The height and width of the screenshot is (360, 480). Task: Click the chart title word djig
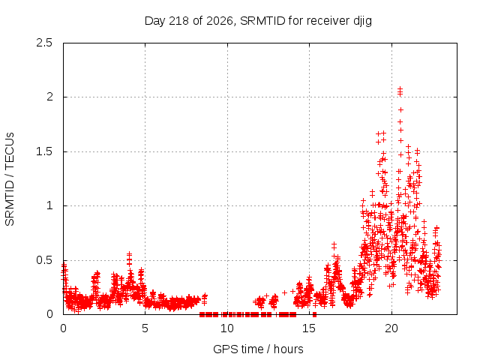click(362, 22)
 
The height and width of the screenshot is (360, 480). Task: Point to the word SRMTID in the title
click(262, 21)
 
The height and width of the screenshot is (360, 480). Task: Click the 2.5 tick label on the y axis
click(44, 43)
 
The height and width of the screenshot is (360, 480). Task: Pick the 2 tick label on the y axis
click(49, 97)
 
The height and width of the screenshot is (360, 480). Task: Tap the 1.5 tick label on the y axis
click(44, 151)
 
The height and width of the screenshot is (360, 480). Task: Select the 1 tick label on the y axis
click(50, 205)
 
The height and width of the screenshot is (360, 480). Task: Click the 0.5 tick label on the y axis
click(44, 260)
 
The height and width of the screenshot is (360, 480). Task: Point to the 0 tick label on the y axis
click(49, 314)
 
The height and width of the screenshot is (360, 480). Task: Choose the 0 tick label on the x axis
click(63, 328)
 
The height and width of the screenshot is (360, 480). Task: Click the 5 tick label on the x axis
click(145, 328)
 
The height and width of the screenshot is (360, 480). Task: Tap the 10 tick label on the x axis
click(227, 328)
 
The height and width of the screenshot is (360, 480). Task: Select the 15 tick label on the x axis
click(309, 328)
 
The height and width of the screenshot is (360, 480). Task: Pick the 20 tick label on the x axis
click(391, 328)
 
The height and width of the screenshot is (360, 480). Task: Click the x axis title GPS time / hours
click(258, 349)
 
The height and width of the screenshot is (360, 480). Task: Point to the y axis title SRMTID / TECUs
click(10, 179)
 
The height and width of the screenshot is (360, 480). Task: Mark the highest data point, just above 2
click(400, 88)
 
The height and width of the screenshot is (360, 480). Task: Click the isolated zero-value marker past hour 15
click(314, 314)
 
